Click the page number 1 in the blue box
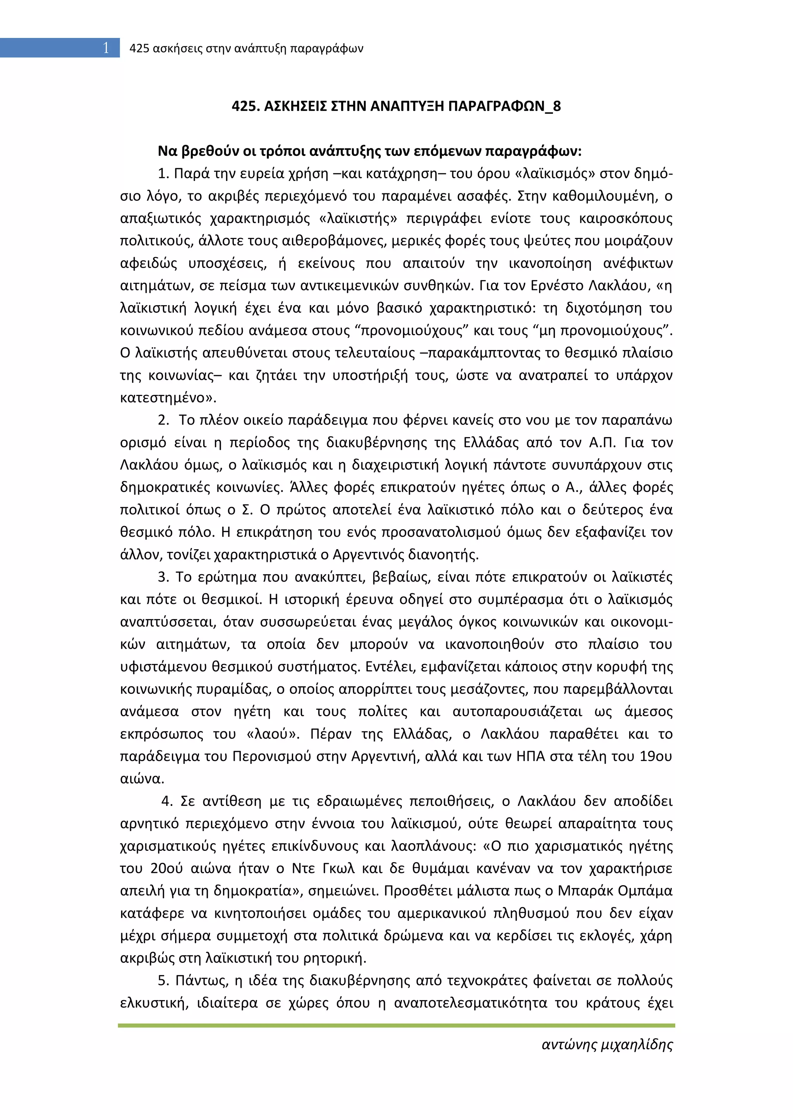[x=105, y=48]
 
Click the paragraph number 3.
[x=163, y=577]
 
